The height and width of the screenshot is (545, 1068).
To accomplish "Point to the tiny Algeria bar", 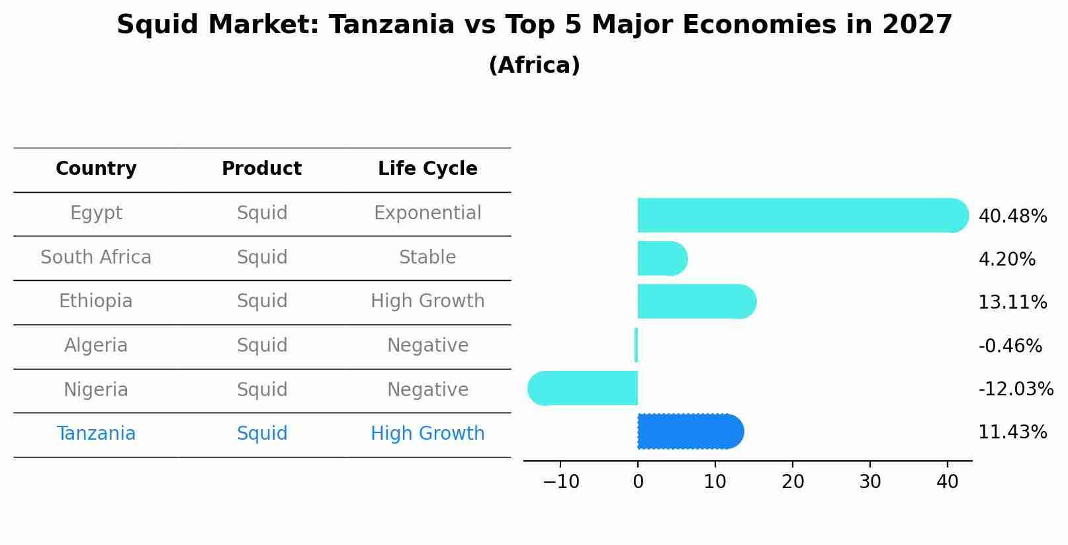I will (636, 345).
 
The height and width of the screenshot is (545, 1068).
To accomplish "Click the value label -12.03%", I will (1015, 389).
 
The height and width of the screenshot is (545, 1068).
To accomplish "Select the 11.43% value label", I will (1012, 432).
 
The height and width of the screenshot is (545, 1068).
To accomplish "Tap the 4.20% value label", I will (1006, 259).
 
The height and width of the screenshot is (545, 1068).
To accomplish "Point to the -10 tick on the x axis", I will (561, 481).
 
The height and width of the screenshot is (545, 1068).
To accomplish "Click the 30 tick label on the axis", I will (869, 481).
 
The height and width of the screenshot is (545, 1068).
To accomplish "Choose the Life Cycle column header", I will (427, 169).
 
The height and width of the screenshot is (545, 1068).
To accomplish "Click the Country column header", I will (96, 169).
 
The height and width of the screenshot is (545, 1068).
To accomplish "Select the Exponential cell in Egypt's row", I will (427, 213).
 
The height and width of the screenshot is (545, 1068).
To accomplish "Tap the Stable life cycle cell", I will (427, 258).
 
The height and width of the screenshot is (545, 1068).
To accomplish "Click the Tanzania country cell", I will (96, 434).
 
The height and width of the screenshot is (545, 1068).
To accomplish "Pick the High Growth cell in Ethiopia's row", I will (427, 301).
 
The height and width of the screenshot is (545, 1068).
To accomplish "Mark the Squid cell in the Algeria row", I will (262, 346).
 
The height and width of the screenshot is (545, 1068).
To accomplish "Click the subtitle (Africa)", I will (534, 66).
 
